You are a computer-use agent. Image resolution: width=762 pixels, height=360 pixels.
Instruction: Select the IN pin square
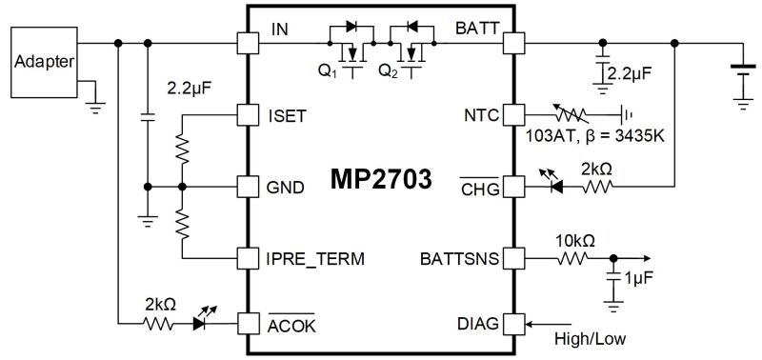coord(248,43)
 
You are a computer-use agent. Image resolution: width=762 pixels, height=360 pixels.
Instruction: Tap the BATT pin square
coord(514,43)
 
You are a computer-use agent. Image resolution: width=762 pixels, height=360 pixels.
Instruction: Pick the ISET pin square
coord(248,115)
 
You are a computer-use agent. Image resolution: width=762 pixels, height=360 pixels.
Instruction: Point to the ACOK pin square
coord(248,324)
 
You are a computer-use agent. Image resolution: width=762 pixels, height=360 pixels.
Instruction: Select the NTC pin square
coord(514,115)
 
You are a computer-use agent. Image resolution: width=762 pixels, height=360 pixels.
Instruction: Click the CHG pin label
coord(479,188)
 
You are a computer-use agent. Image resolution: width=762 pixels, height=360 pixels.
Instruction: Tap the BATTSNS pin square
coord(514,257)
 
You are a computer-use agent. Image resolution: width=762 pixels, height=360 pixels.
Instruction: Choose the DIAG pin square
coord(514,324)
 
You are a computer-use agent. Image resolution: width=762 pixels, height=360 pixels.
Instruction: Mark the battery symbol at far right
coord(741,69)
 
